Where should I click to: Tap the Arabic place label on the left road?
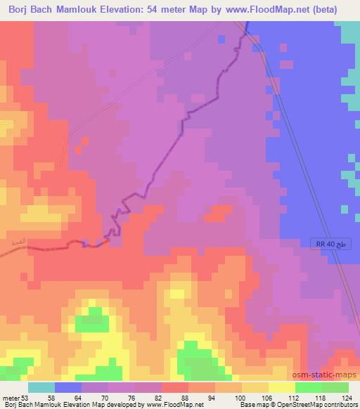pos(18,242)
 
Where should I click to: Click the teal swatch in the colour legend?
pos(41,387)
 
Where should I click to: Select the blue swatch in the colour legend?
pos(68,387)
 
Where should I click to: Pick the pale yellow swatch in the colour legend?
pos(282,387)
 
